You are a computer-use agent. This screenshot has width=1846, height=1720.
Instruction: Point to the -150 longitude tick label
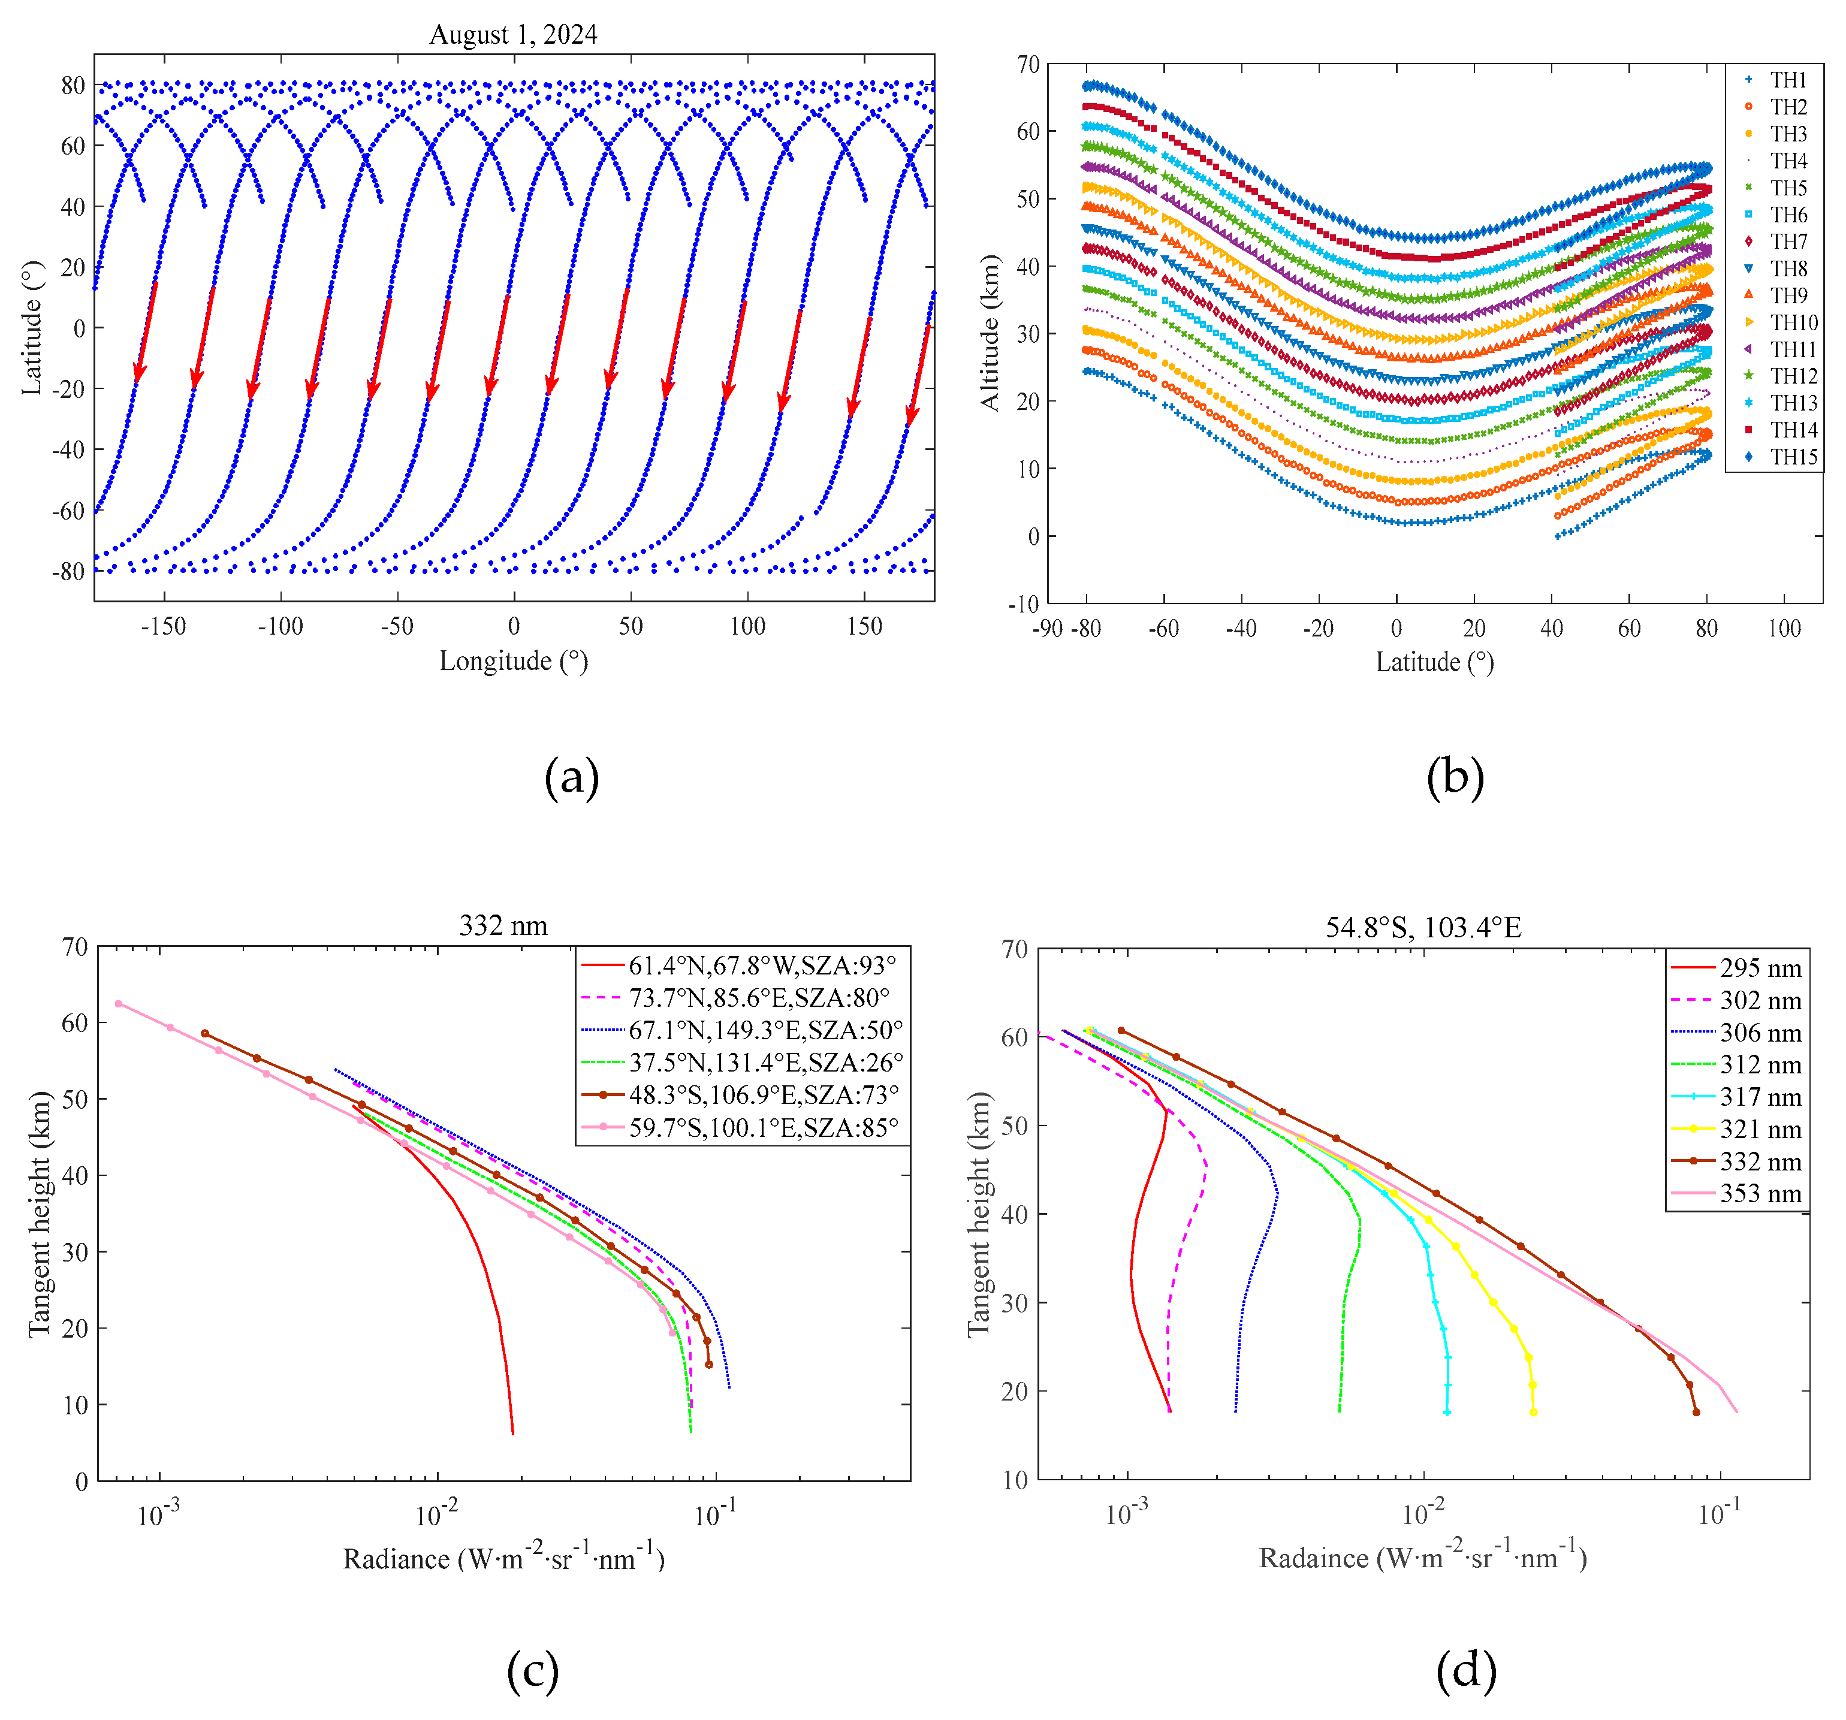click(164, 627)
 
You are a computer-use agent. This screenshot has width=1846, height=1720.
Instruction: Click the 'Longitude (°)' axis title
click(514, 660)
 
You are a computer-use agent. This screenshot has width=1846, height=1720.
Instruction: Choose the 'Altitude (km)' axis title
click(991, 333)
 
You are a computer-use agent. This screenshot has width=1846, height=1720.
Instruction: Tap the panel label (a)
click(571, 777)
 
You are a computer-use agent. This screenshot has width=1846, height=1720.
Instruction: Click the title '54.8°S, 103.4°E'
click(1423, 927)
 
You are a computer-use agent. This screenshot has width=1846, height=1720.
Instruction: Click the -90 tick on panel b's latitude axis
click(1048, 629)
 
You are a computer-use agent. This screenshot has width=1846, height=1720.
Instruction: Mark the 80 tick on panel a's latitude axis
click(73, 86)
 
